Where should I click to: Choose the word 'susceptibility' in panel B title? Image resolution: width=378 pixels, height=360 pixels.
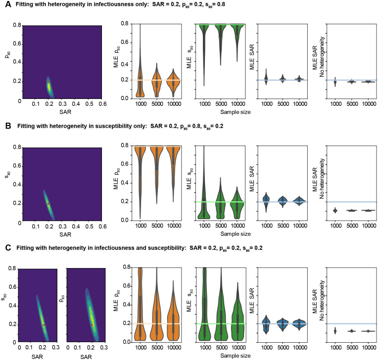[104, 126]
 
